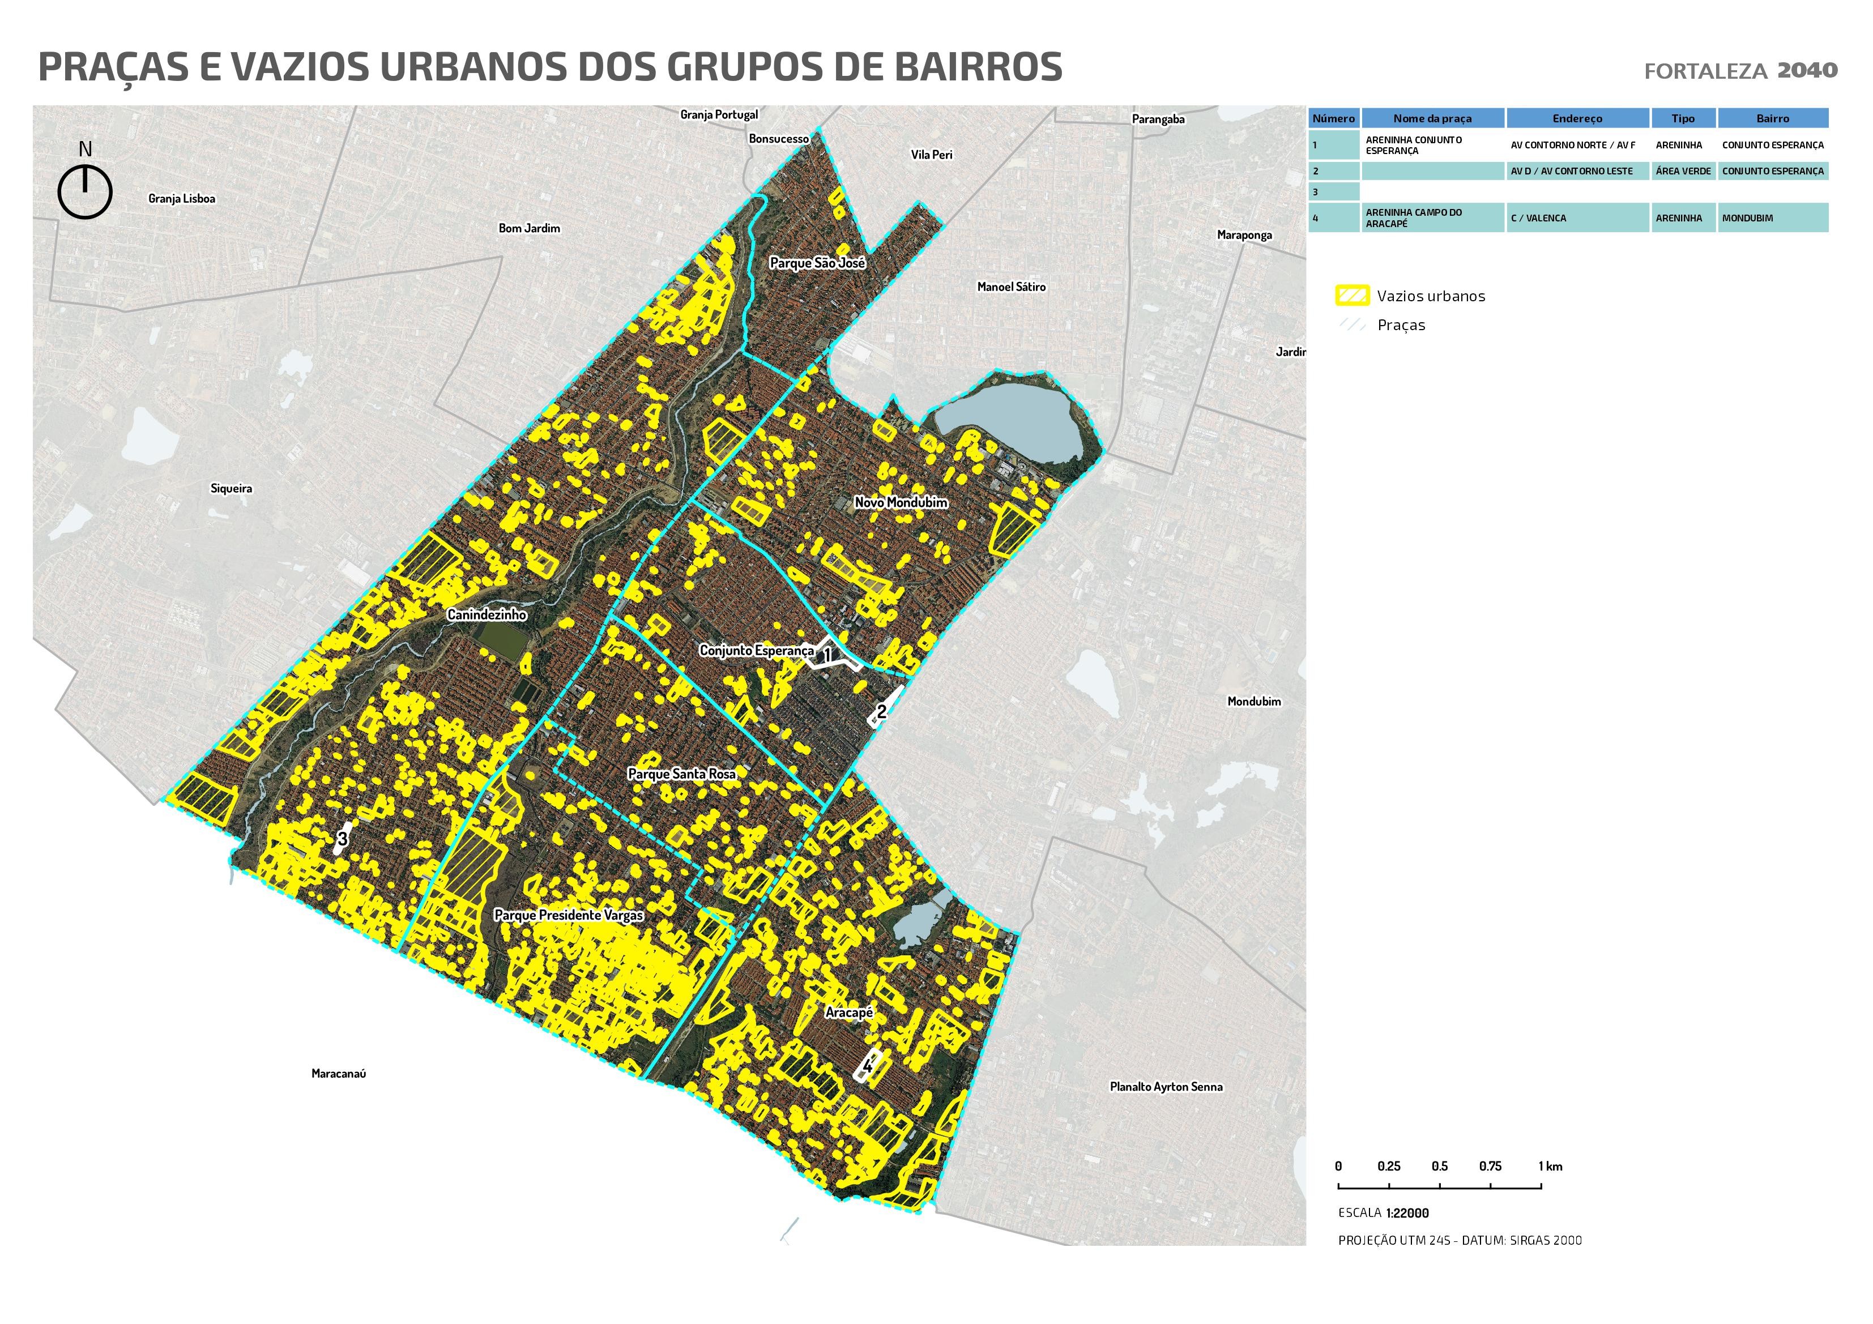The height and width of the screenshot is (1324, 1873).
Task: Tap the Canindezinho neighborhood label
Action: click(x=487, y=615)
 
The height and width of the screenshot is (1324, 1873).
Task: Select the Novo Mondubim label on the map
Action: click(x=901, y=502)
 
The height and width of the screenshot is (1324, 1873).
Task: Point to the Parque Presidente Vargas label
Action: click(x=569, y=915)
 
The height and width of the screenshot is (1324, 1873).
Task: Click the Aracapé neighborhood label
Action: click(x=849, y=1013)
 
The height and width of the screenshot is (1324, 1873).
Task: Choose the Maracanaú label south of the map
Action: click(x=339, y=1074)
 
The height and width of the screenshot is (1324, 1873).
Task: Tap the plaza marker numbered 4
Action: click(x=868, y=1065)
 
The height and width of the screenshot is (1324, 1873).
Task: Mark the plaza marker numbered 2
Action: click(x=882, y=711)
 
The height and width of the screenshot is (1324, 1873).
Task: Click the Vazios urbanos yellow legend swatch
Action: click(x=1352, y=295)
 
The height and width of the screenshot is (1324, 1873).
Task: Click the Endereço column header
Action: click(x=1577, y=118)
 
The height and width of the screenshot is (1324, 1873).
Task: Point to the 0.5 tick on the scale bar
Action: click(x=1440, y=1167)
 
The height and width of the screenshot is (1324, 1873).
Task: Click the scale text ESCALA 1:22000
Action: click(x=1384, y=1213)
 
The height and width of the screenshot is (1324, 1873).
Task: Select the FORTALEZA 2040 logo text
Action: click(x=1740, y=71)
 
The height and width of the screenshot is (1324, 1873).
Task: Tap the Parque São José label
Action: click(x=817, y=263)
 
